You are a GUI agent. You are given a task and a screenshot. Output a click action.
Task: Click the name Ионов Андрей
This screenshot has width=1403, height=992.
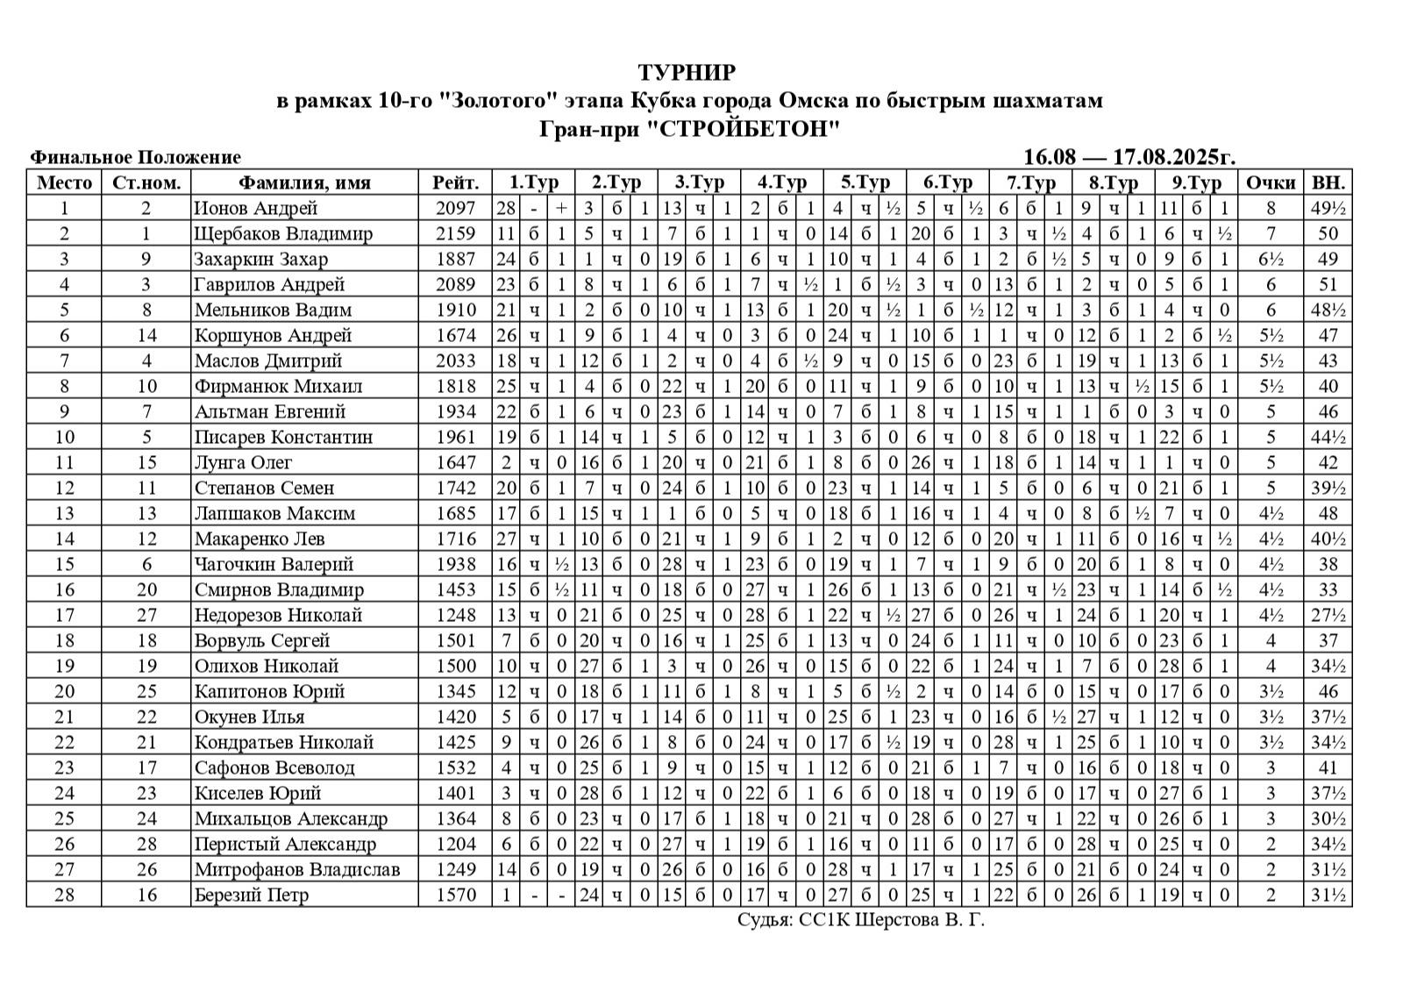tap(255, 209)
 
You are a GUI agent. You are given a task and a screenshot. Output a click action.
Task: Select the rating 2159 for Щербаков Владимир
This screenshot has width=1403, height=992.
tap(455, 234)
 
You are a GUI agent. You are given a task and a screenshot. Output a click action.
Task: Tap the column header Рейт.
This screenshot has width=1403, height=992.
tap(455, 182)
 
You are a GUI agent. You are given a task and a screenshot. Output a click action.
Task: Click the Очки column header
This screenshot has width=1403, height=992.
tap(1271, 182)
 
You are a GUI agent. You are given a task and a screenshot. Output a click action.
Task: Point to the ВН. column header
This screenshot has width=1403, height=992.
tap(1328, 182)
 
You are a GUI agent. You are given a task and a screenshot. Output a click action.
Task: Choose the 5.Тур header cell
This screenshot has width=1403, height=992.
tap(865, 182)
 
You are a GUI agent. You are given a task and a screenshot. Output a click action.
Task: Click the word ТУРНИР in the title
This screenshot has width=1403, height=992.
tap(687, 72)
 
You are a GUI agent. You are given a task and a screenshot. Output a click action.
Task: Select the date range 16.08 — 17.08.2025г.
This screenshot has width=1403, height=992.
tap(1129, 157)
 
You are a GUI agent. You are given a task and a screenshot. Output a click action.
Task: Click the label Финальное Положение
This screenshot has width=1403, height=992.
tap(135, 157)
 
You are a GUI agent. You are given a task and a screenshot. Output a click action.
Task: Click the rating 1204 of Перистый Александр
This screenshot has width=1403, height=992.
tap(455, 845)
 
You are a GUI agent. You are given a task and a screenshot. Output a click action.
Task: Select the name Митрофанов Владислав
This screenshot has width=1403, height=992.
tap(296, 870)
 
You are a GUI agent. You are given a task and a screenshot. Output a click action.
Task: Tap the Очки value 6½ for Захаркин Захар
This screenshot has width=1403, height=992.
tap(1271, 260)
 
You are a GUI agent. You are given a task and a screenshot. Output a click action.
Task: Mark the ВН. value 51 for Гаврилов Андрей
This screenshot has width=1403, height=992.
tap(1328, 285)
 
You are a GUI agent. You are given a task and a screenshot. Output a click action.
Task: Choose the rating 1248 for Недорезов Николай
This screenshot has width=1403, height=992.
tap(455, 616)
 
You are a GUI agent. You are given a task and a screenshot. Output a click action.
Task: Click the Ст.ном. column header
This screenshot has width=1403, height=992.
tap(146, 182)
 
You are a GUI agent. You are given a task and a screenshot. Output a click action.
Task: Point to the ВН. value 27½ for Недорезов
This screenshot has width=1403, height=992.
tap(1328, 616)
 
